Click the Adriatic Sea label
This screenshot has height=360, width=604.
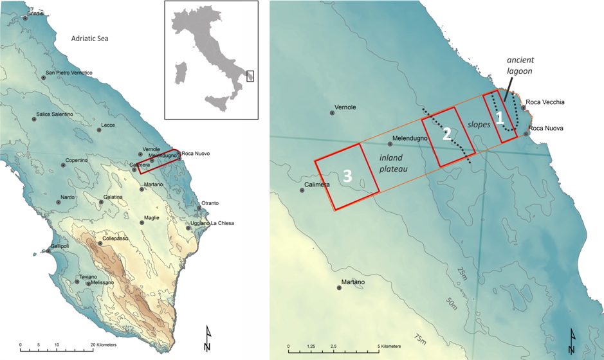click(x=89, y=39)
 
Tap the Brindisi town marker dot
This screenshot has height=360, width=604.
click(x=25, y=18)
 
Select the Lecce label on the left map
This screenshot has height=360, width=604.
click(x=108, y=125)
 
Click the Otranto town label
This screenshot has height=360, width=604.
click(x=210, y=204)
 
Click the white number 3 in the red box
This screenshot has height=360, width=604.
click(x=347, y=176)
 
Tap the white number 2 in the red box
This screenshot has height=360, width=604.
click(x=446, y=134)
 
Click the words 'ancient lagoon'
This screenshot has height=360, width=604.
click(x=520, y=66)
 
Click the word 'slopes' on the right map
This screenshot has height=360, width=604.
click(x=479, y=123)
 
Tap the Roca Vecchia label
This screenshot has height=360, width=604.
click(x=545, y=102)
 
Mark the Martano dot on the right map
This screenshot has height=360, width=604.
click(x=339, y=288)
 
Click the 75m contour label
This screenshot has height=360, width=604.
click(x=421, y=338)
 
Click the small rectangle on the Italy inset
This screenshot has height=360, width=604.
click(x=250, y=76)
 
